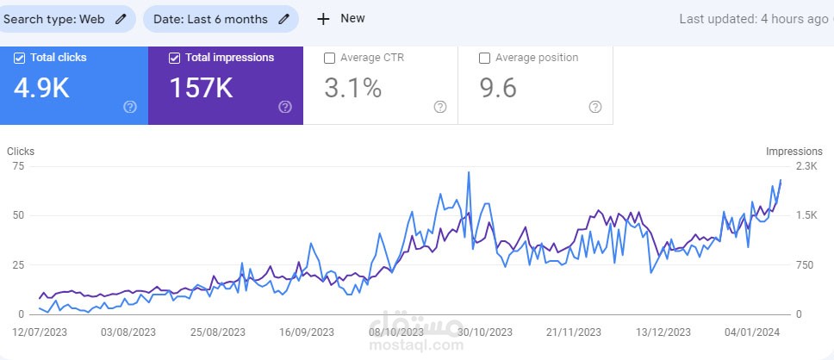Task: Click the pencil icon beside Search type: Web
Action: [x=121, y=19]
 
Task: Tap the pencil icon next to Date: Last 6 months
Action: [x=283, y=19]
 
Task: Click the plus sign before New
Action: [x=323, y=19]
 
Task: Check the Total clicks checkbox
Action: [x=20, y=58]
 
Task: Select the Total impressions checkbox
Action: [x=175, y=58]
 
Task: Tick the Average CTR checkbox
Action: [x=329, y=58]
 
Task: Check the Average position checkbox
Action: [x=484, y=58]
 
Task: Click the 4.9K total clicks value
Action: [x=41, y=88]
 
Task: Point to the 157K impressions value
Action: [x=201, y=88]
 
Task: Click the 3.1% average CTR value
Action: [x=352, y=88]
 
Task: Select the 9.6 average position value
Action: [x=497, y=88]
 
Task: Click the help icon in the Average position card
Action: [x=594, y=107]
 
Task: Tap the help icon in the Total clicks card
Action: [x=130, y=107]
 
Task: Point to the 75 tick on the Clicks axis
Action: [x=18, y=166]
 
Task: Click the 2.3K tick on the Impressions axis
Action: [x=806, y=166]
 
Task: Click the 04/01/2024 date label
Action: [x=752, y=332]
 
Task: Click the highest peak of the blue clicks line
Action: [x=469, y=172]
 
